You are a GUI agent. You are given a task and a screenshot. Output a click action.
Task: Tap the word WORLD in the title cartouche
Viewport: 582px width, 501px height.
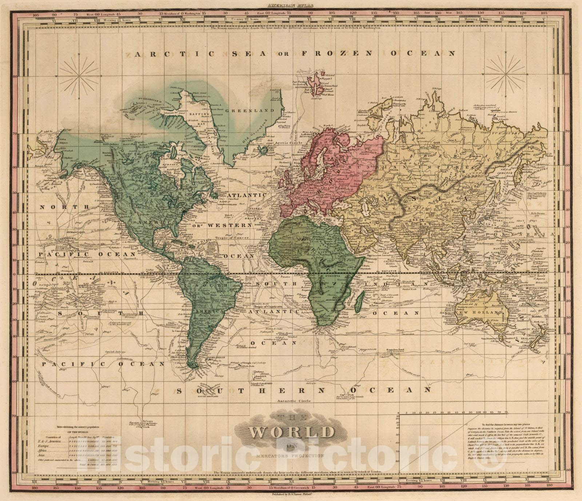tap(291, 432)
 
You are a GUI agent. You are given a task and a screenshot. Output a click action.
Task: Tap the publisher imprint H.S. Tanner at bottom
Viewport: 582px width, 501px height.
tap(291, 494)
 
